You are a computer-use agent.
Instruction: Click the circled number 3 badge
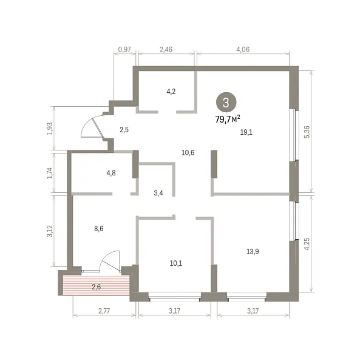[226, 103]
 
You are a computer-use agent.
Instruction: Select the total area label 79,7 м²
[228, 119]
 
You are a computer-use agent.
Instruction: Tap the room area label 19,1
[246, 132]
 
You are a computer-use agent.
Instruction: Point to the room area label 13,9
[253, 251]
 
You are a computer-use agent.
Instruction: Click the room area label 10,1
[176, 263]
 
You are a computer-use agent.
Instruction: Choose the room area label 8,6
[99, 229]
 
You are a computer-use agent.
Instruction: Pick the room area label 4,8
[111, 173]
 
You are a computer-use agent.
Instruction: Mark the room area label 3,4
[158, 193]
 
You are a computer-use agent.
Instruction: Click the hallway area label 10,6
[188, 153]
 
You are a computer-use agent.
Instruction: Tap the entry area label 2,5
[124, 130]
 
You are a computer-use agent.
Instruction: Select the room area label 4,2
[171, 92]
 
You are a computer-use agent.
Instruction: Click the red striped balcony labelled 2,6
[96, 285]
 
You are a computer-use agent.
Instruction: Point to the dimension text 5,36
[307, 132]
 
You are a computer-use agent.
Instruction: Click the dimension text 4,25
[307, 244]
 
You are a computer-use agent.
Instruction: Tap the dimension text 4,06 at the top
[243, 50]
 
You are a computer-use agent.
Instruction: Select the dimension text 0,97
[124, 50]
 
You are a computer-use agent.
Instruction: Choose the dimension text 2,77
[104, 311]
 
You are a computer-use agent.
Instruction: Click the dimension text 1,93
[50, 129]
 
